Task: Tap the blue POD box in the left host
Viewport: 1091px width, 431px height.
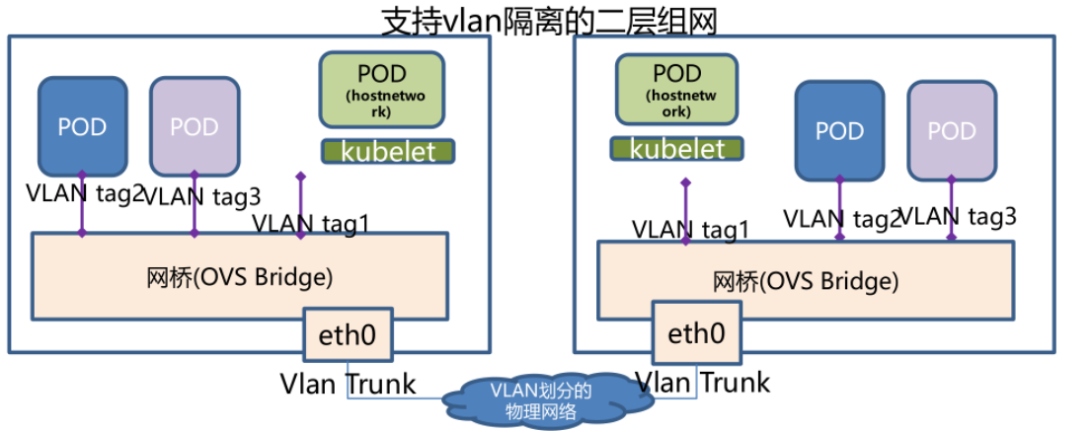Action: (x=82, y=126)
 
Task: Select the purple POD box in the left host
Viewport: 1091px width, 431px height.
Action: (x=195, y=126)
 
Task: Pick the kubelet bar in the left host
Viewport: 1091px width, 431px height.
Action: (x=388, y=151)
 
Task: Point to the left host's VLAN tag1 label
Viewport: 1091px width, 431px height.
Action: (x=310, y=223)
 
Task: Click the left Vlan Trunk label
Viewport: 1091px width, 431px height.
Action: (x=348, y=383)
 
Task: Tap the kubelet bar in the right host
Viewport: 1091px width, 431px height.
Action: (x=677, y=149)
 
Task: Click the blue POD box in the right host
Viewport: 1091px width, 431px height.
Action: (x=839, y=130)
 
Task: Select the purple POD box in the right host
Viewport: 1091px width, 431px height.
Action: (x=952, y=130)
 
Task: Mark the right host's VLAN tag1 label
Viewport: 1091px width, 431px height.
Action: (x=691, y=230)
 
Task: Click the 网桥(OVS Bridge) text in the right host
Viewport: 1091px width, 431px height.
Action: (x=806, y=281)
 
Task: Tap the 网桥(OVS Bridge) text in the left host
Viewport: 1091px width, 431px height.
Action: (x=239, y=276)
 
